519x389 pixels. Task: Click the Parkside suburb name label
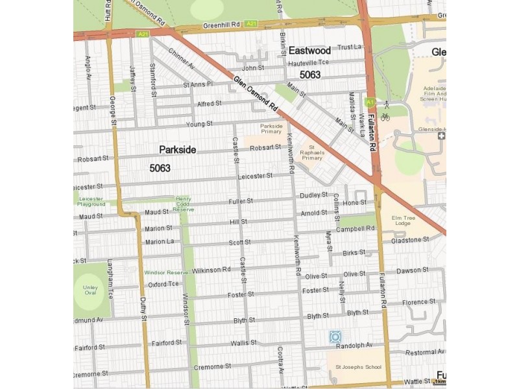[x=177, y=150]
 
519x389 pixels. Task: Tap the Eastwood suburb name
[x=309, y=51]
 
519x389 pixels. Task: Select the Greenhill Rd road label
[x=222, y=25]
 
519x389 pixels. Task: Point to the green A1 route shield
[x=369, y=102]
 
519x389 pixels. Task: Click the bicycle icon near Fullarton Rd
[x=385, y=117]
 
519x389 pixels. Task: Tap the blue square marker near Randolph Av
[x=335, y=336]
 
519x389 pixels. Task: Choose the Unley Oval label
[x=89, y=289]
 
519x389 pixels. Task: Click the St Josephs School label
[x=358, y=368]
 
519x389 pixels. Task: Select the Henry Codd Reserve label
[x=184, y=204]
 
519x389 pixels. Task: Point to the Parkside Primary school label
[x=271, y=129]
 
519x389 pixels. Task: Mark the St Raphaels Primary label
[x=312, y=153]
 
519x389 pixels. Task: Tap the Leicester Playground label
[x=91, y=202]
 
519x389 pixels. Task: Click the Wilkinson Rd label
[x=211, y=269]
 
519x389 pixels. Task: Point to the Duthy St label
[x=143, y=309]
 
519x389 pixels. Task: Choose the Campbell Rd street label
[x=355, y=229]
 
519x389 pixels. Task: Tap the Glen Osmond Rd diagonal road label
[x=256, y=94]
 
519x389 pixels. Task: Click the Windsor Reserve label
[x=165, y=273]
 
